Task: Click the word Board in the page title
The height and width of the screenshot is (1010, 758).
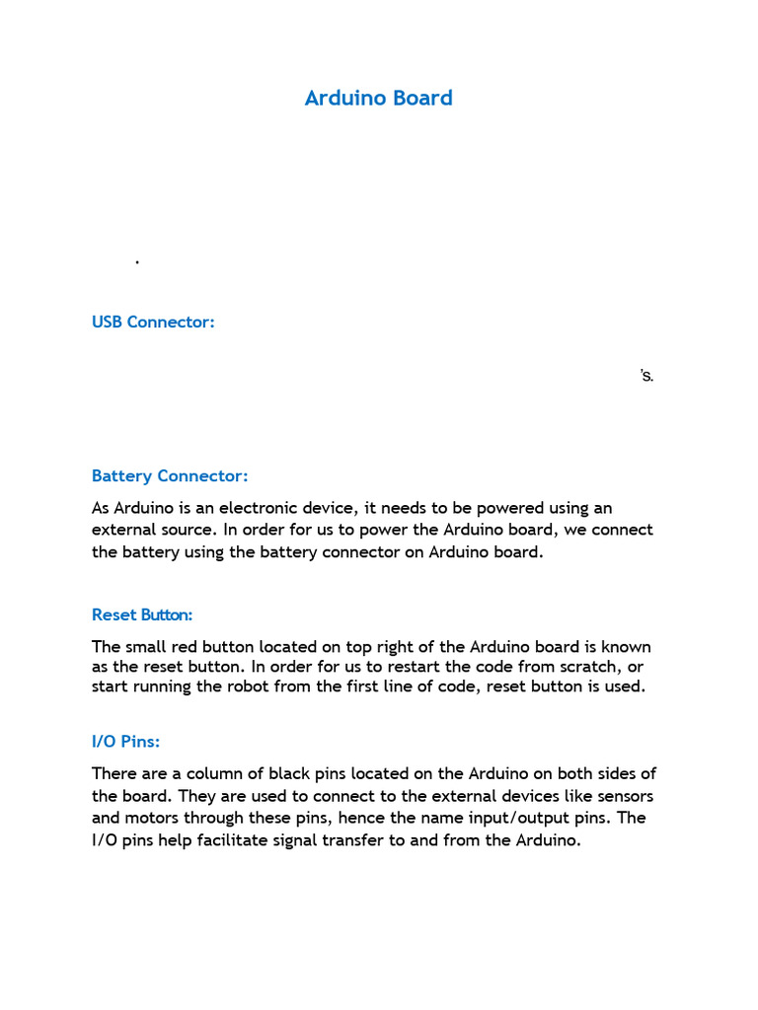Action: pos(420,98)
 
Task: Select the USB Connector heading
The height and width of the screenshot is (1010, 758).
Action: pos(153,322)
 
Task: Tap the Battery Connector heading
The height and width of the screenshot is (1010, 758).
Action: pos(170,475)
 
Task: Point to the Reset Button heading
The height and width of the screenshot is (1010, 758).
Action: pos(142,614)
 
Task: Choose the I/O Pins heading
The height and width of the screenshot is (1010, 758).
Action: pos(125,741)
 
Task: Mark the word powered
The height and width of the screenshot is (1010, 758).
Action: pos(495,508)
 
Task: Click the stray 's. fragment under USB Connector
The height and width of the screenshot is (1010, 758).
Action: pos(646,376)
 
